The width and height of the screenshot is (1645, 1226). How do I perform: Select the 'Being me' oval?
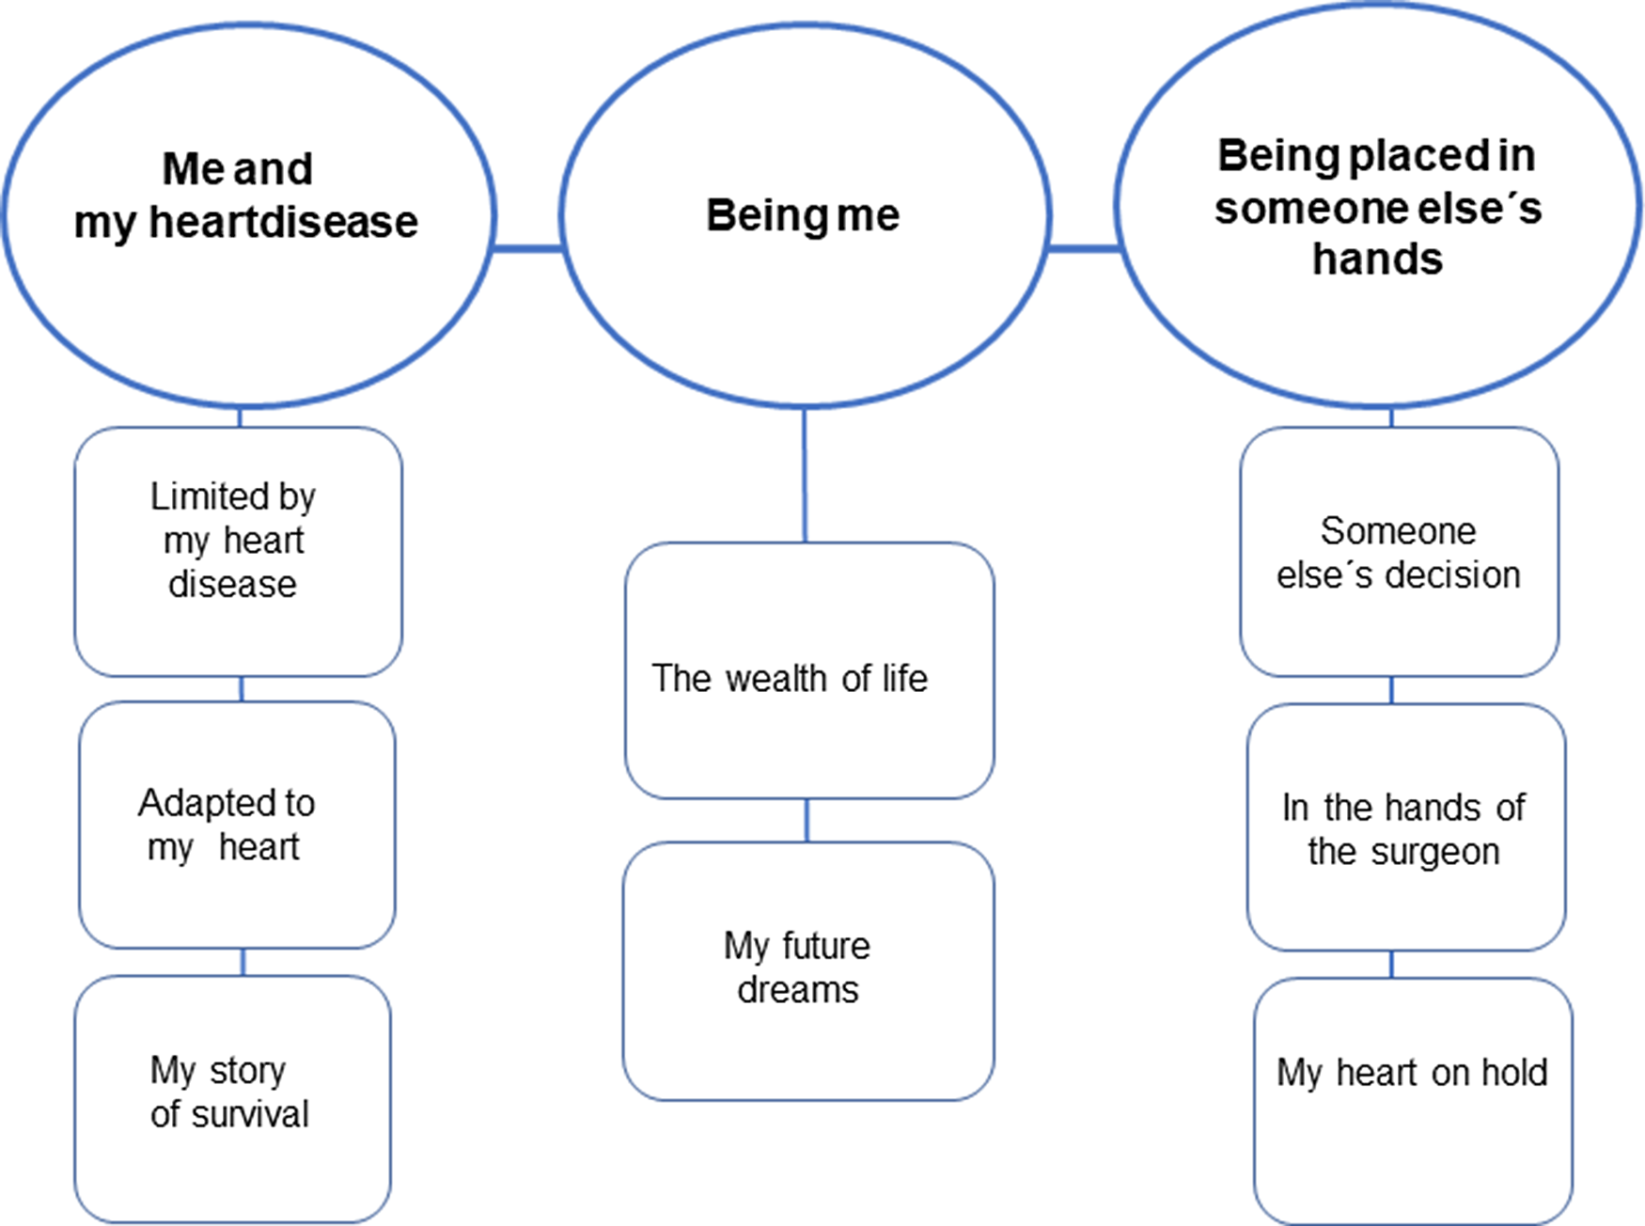tap(805, 216)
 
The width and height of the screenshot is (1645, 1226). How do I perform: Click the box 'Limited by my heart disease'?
tap(239, 552)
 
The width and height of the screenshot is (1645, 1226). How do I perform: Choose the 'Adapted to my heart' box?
tap(237, 825)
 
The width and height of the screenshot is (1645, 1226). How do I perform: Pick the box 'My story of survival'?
tap(233, 1099)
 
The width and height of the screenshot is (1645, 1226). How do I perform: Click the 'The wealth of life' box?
tap(808, 670)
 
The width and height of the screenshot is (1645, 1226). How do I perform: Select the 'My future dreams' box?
tap(808, 970)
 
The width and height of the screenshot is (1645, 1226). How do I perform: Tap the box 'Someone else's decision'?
tap(1399, 552)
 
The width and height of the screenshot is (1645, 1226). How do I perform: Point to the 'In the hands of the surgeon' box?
tap(1406, 827)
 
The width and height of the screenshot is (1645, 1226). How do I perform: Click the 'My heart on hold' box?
tap(1413, 1100)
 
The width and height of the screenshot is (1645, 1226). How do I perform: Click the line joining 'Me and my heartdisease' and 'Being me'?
tap(527, 248)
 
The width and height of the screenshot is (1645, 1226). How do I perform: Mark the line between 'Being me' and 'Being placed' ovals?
tap(1084, 248)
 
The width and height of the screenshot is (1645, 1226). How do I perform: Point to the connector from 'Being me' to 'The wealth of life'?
tap(805, 475)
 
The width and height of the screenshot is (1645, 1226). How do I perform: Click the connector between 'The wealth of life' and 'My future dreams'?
tap(807, 820)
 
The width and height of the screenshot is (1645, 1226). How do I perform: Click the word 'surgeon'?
tap(1434, 853)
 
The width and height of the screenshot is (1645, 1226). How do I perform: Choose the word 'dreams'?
tap(797, 990)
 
